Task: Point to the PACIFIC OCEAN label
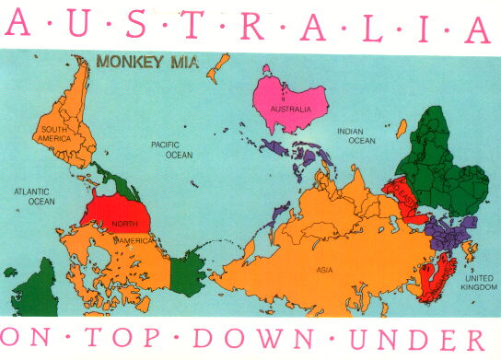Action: coord(172,149)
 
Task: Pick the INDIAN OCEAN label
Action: coord(359,136)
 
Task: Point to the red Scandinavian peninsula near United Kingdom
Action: coord(434,276)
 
